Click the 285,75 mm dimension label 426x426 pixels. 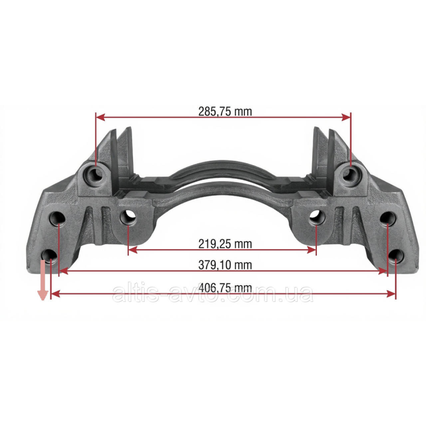pyautogui.click(x=225, y=112)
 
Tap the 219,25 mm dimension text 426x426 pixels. pyautogui.click(x=225, y=244)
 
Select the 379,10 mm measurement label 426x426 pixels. pyautogui.click(x=225, y=265)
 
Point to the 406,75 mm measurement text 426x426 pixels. pyautogui.click(x=225, y=288)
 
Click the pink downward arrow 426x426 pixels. pyautogui.click(x=43, y=280)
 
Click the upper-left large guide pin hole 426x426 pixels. pyautogui.click(x=94, y=174)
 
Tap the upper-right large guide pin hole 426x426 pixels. pyautogui.click(x=351, y=174)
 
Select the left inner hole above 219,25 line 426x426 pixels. pyautogui.click(x=128, y=218)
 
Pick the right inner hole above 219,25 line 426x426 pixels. pyautogui.click(x=317, y=218)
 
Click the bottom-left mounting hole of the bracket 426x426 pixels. pyautogui.click(x=50, y=257)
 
